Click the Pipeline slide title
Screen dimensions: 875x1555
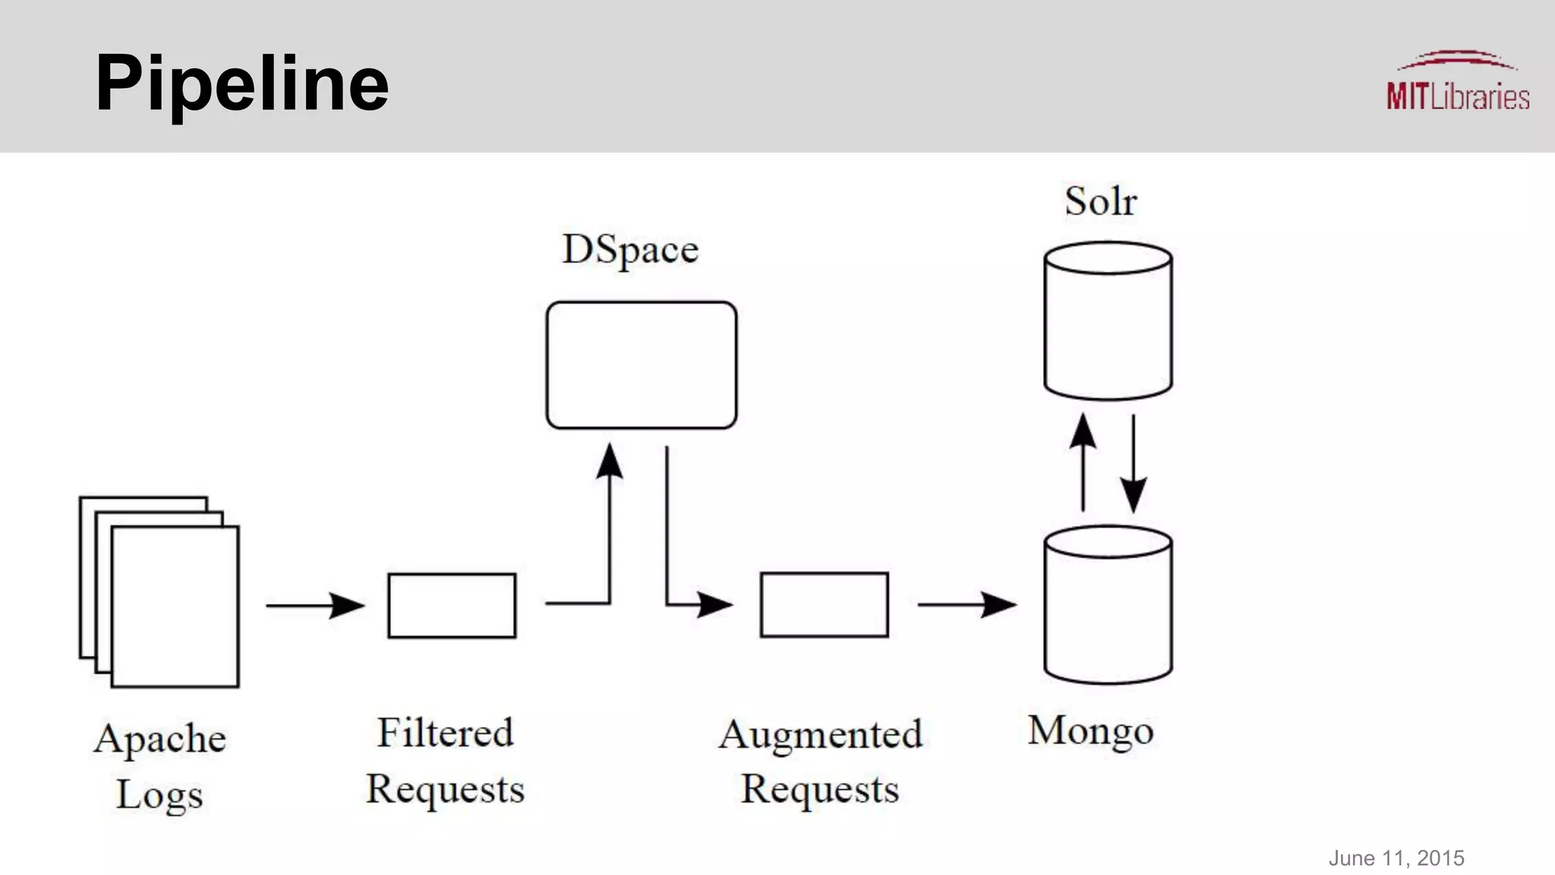click(241, 84)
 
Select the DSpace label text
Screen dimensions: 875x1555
click(629, 250)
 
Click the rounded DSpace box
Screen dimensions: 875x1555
click(641, 365)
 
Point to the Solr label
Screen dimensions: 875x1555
click(1100, 202)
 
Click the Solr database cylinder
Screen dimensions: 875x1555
click(1108, 321)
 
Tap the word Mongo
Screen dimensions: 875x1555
click(1090, 731)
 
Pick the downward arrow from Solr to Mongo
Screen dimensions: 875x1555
click(1133, 463)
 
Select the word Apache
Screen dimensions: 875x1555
click(160, 739)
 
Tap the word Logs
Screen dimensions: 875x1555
click(159, 795)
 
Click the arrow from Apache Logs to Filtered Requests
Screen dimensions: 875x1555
click(314, 605)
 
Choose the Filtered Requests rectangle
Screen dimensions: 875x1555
click(452, 605)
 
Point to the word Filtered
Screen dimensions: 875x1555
click(446, 734)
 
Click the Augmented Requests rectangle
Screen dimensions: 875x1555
click(824, 605)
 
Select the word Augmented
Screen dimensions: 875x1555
click(820, 735)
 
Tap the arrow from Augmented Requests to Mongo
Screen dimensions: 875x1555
click(966, 605)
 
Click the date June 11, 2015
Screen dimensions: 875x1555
click(1396, 858)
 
